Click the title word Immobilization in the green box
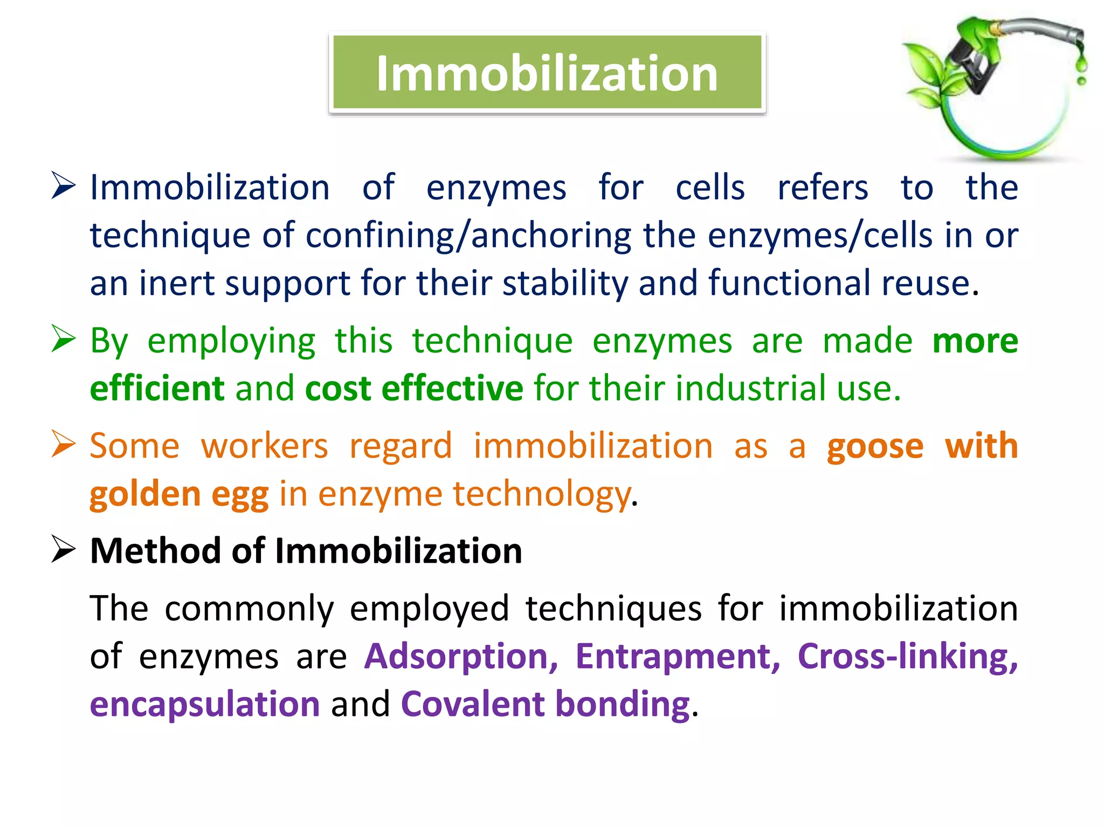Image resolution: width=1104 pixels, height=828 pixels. [x=547, y=74]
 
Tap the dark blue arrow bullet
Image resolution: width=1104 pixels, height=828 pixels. [x=64, y=185]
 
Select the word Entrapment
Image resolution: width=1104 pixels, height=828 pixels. [x=677, y=657]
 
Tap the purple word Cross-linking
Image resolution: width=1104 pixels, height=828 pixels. [x=907, y=657]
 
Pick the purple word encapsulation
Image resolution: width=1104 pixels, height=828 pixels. [x=205, y=704]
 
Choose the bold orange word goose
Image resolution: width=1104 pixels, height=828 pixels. [x=875, y=447]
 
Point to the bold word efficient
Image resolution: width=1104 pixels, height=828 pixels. [x=157, y=388]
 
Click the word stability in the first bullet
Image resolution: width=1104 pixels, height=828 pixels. [x=565, y=284]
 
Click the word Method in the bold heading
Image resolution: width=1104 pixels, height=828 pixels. [x=155, y=551]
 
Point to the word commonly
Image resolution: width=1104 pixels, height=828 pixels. [x=249, y=609]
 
